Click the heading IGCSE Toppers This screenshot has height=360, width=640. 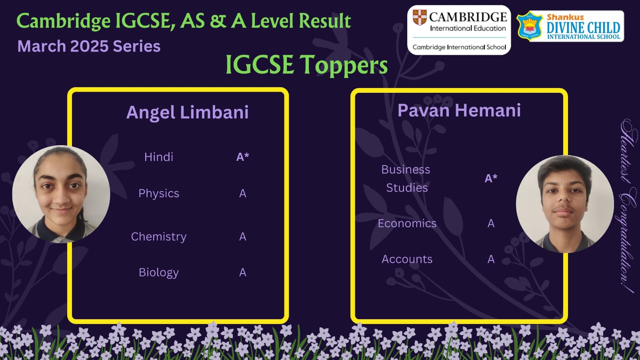(306, 64)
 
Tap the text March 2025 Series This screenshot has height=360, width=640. (89, 46)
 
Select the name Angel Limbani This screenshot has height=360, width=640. (188, 112)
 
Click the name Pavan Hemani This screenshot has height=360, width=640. (459, 110)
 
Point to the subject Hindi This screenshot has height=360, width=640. (158, 157)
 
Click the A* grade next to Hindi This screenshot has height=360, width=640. (242, 157)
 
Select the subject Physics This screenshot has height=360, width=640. (159, 194)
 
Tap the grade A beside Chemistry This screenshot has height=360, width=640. (242, 236)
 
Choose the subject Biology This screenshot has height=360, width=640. (159, 272)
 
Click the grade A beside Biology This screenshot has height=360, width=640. (242, 272)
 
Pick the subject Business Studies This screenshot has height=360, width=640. (406, 178)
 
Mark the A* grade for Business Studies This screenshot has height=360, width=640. (491, 178)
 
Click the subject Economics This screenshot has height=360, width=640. (407, 224)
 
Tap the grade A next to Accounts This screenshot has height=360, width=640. (491, 259)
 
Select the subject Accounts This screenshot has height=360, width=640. (407, 259)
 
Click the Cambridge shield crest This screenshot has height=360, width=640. (420, 18)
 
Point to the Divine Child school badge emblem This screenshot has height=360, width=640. (530, 26)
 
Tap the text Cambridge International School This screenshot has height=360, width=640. (459, 47)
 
